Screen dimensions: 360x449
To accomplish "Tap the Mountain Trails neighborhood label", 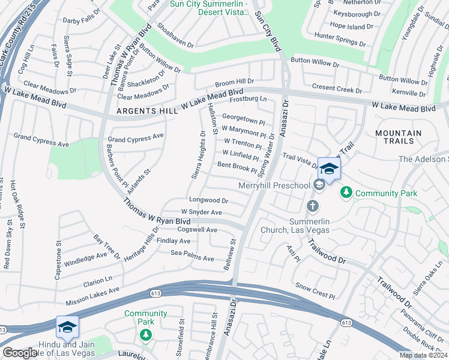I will [394, 137].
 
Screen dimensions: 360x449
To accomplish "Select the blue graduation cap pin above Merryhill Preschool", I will [329, 169].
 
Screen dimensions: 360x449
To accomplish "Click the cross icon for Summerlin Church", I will [312, 206].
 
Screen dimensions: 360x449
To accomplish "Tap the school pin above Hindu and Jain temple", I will [67, 327].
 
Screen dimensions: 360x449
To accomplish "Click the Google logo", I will [19, 353].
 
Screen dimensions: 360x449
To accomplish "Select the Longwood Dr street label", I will [208, 200].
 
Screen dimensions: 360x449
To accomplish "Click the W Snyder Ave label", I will [202, 212].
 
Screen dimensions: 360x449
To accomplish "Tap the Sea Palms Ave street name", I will [193, 258].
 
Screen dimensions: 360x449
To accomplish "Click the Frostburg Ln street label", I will [248, 98].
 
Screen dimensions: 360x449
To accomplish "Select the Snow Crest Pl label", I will [315, 295].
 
